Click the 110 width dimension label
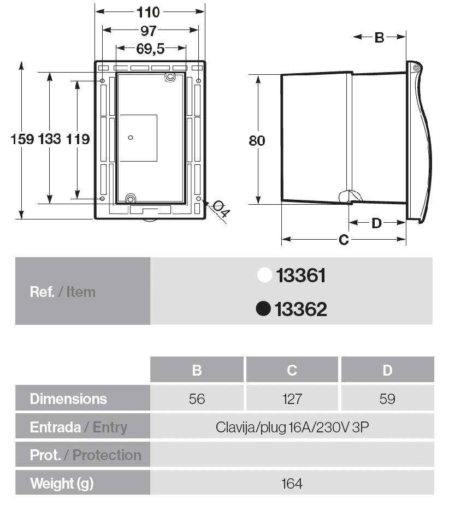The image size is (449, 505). (x=148, y=11)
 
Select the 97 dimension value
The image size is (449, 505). (x=148, y=31)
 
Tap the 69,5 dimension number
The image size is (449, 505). (x=150, y=49)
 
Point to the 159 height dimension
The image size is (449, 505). (x=22, y=139)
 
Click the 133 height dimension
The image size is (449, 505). (x=50, y=139)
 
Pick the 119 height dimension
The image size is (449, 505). (x=78, y=139)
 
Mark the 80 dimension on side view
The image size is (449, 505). (x=257, y=140)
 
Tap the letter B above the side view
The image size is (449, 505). (x=379, y=38)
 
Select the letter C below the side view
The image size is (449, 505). (x=344, y=240)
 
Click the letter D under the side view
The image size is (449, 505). (x=376, y=223)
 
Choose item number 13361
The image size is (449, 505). (x=301, y=276)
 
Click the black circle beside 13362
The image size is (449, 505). (x=264, y=309)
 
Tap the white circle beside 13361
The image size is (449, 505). (x=265, y=276)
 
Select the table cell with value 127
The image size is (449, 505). (x=292, y=399)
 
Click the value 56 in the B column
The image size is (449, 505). (x=197, y=399)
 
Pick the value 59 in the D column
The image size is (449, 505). (x=387, y=399)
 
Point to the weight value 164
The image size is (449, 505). (x=292, y=484)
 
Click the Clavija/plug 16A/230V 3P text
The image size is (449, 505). (x=292, y=427)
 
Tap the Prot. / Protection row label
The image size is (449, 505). (x=85, y=455)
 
